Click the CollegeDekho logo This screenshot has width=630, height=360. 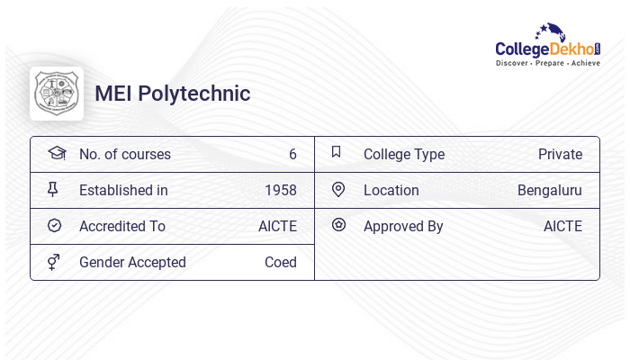pyautogui.click(x=548, y=46)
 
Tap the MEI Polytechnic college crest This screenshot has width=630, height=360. pyautogui.click(x=57, y=94)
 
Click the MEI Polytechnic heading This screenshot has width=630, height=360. pyautogui.click(x=173, y=94)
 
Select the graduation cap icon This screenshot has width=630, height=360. pyautogui.click(x=56, y=153)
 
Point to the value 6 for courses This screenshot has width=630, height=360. pyautogui.click(x=292, y=155)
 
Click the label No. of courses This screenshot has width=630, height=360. pyautogui.click(x=125, y=155)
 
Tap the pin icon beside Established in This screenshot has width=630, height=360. pyautogui.click(x=53, y=190)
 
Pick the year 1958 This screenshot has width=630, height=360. pyautogui.click(x=281, y=191)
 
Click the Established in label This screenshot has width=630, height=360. pyautogui.click(x=123, y=191)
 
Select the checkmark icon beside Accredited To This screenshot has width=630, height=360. pyautogui.click(x=54, y=226)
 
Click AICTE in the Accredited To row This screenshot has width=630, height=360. pyautogui.click(x=277, y=227)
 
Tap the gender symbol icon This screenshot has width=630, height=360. pyautogui.click(x=54, y=262)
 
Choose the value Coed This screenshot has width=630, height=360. pyautogui.click(x=281, y=263)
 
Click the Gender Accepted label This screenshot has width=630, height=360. pyautogui.click(x=132, y=263)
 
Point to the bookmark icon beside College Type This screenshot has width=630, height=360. pyautogui.click(x=336, y=152)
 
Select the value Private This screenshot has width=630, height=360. pyautogui.click(x=560, y=155)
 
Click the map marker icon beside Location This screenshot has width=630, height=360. pyautogui.click(x=338, y=190)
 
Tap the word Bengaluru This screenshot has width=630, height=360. pyautogui.click(x=550, y=191)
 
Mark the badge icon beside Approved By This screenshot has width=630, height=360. pyautogui.click(x=338, y=225)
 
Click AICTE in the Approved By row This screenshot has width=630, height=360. pyautogui.click(x=562, y=227)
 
